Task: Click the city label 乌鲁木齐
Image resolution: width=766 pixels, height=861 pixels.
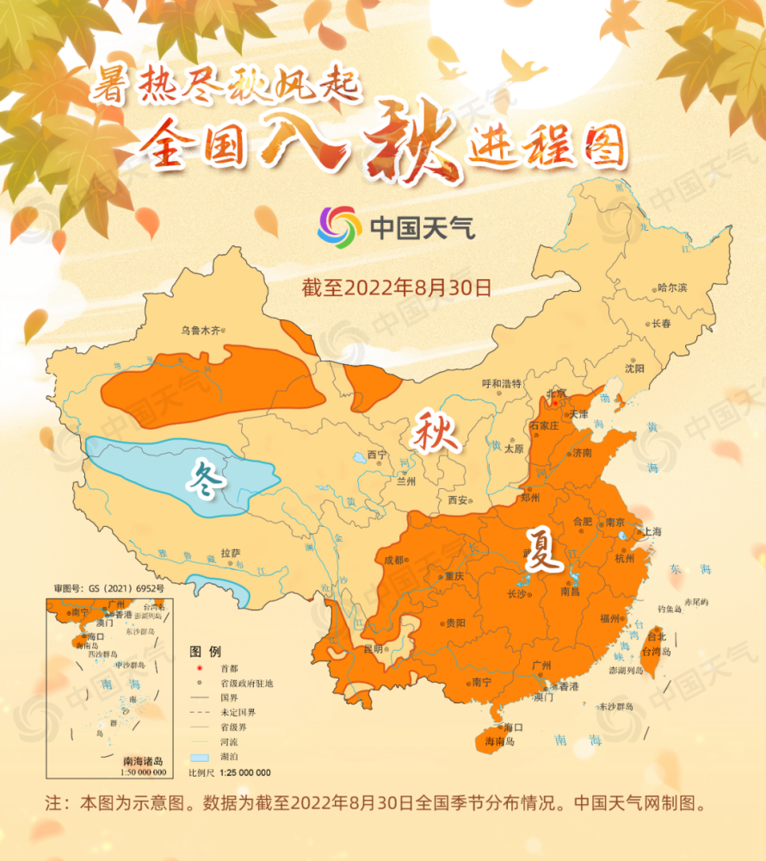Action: tap(200, 329)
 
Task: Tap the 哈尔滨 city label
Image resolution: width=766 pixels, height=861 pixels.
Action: tap(671, 288)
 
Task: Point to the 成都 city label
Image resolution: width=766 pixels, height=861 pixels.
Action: tap(393, 560)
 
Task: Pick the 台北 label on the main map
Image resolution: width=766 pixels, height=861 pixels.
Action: tap(656, 637)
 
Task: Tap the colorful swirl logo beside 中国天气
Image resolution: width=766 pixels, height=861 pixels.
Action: tap(339, 227)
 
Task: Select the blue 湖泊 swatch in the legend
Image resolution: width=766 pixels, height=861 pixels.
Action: tap(199, 758)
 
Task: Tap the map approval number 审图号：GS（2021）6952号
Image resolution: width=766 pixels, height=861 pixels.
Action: tap(108, 588)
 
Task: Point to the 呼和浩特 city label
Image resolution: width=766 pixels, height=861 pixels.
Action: tap(502, 384)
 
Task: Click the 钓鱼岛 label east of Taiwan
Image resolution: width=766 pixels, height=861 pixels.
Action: tap(670, 609)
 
